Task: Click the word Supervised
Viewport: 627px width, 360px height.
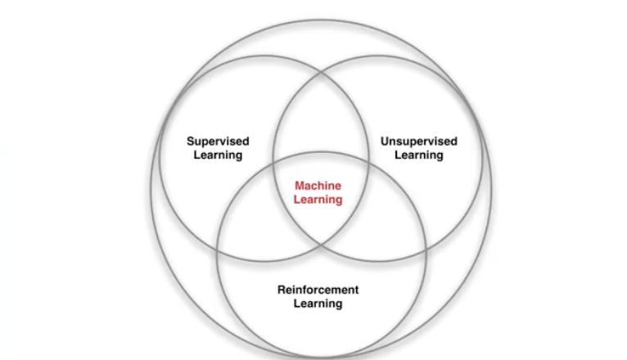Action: [218, 142]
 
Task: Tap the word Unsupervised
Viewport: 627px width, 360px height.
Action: [418, 142]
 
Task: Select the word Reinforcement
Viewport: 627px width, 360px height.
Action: [318, 290]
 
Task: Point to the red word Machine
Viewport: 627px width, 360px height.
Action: [318, 186]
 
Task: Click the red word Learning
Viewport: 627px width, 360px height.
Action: [318, 200]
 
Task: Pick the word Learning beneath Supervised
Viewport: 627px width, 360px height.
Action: [218, 155]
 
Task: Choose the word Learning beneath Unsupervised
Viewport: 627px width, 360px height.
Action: [418, 155]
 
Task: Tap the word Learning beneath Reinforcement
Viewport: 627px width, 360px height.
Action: [318, 304]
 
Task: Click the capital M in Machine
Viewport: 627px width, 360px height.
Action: [300, 186]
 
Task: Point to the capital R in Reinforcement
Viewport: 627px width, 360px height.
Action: [282, 290]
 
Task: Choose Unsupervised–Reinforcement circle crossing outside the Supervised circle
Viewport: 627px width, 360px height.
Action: [424, 245]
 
